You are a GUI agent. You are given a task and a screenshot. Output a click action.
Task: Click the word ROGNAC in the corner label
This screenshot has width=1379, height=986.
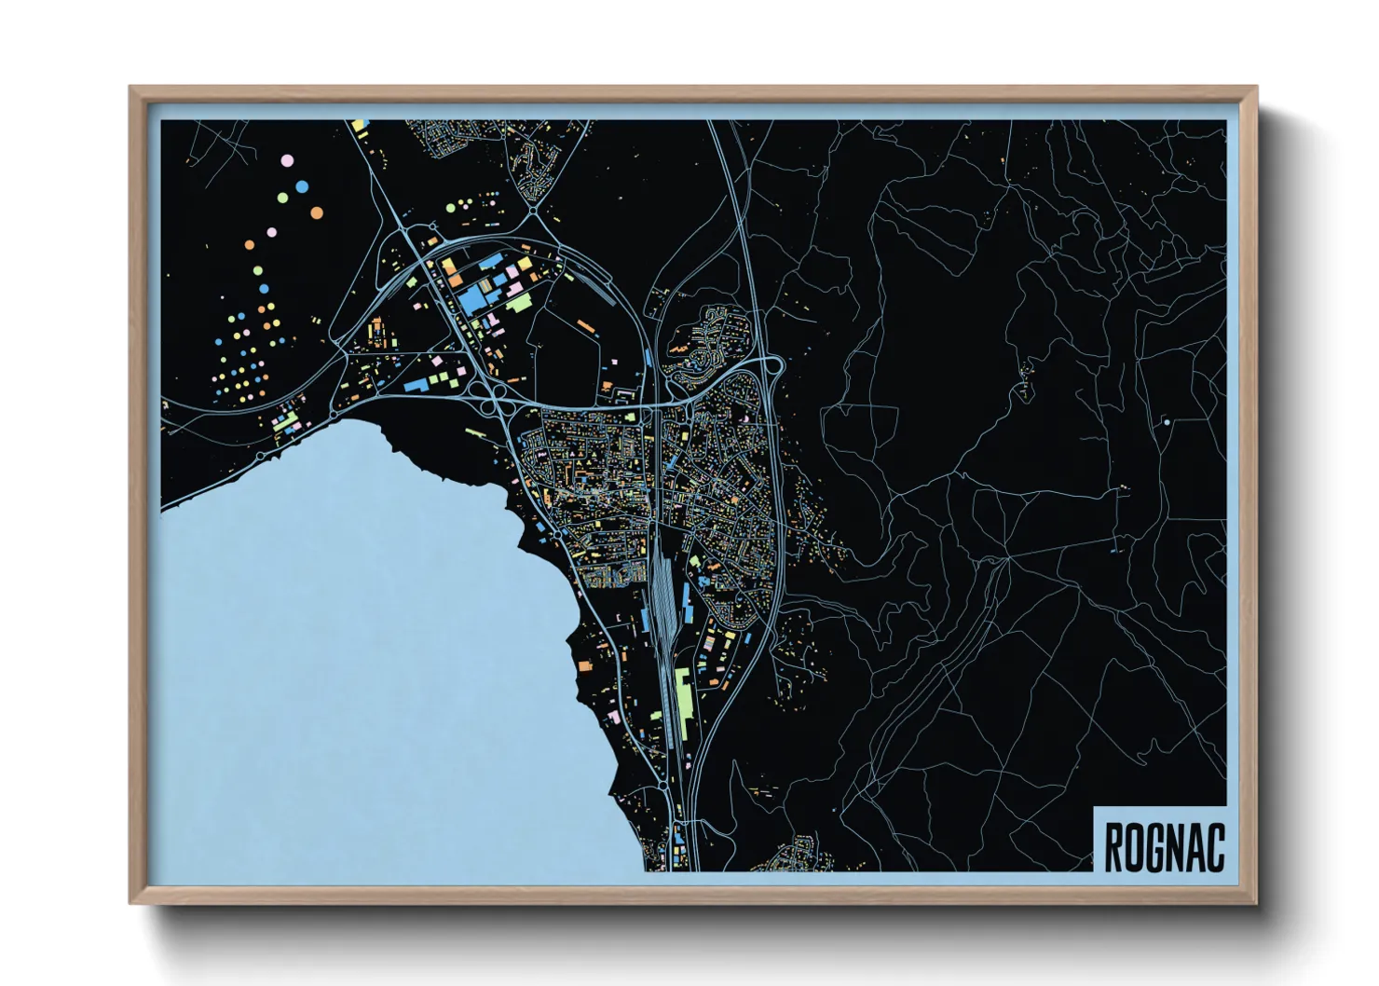(x=1164, y=846)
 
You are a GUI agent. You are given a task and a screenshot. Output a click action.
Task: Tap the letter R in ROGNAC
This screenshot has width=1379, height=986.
(x=1113, y=846)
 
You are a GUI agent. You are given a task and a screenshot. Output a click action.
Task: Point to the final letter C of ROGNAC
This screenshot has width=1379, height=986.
(x=1214, y=846)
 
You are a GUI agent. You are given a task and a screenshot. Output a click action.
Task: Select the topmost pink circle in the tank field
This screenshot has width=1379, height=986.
(x=286, y=161)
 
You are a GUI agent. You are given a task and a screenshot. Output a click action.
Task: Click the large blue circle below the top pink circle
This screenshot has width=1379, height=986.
(x=301, y=186)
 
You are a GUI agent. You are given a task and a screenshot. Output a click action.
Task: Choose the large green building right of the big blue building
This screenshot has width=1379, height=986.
(x=518, y=303)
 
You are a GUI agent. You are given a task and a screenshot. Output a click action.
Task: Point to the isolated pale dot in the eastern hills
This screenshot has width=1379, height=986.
(x=1166, y=422)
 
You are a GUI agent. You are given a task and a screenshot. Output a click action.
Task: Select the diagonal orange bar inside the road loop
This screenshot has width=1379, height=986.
(x=585, y=325)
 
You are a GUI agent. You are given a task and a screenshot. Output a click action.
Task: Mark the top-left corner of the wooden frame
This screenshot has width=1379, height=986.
(x=131, y=89)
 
